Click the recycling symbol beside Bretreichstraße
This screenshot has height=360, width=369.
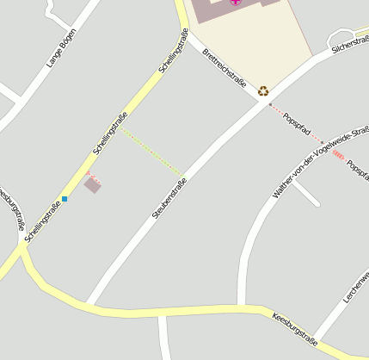[263, 90]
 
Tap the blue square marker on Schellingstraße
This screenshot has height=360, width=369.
[64, 199]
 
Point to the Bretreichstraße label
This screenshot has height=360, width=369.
[224, 67]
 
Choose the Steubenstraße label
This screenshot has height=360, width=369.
[169, 196]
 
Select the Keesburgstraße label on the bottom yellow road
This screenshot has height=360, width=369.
[294, 329]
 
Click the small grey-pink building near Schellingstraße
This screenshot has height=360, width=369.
[92, 185]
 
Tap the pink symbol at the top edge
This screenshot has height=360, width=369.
[236, 3]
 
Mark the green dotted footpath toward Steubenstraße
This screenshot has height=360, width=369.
[151, 151]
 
